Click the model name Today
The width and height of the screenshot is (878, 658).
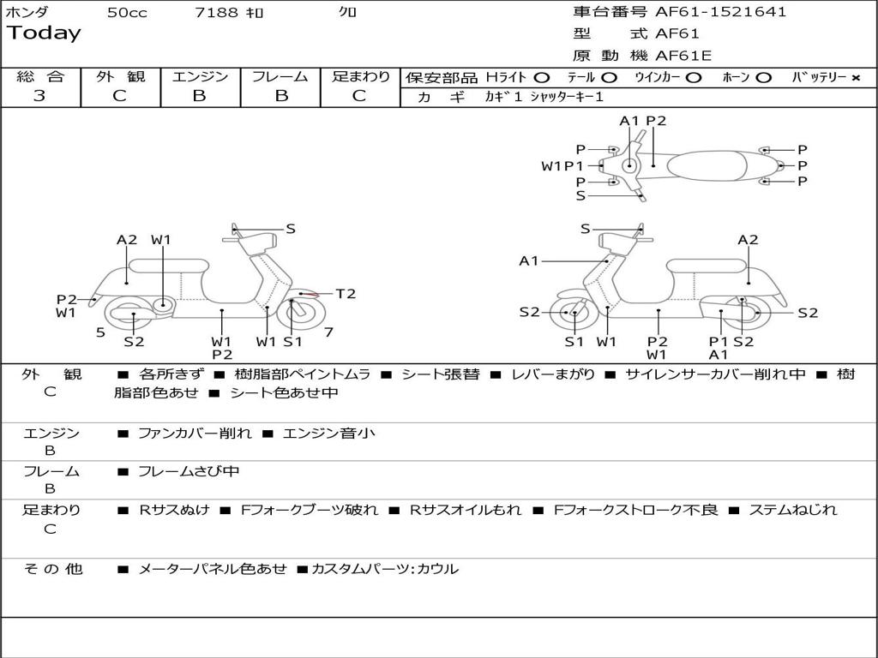point(44,33)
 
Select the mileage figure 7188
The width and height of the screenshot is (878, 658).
point(216,13)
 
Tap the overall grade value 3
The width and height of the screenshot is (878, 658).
point(39,96)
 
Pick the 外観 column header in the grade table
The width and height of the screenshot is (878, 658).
point(120,76)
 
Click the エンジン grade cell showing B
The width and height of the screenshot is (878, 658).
point(199,96)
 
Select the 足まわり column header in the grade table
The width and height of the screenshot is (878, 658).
point(360,76)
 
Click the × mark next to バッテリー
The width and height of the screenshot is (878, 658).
point(856,77)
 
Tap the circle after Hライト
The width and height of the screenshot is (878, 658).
point(541,77)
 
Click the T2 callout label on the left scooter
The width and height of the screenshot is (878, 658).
point(346,294)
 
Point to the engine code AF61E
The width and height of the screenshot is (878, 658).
point(683,56)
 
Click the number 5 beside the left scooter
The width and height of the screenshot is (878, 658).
point(100,332)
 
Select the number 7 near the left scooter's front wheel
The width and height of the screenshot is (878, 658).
point(328,332)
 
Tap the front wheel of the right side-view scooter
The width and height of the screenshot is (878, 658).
point(574,313)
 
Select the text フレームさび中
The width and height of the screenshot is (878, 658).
point(189,471)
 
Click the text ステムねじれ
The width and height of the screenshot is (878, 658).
point(793,510)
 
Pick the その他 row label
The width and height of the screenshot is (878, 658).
point(52,568)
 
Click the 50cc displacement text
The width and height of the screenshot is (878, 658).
point(127,13)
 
